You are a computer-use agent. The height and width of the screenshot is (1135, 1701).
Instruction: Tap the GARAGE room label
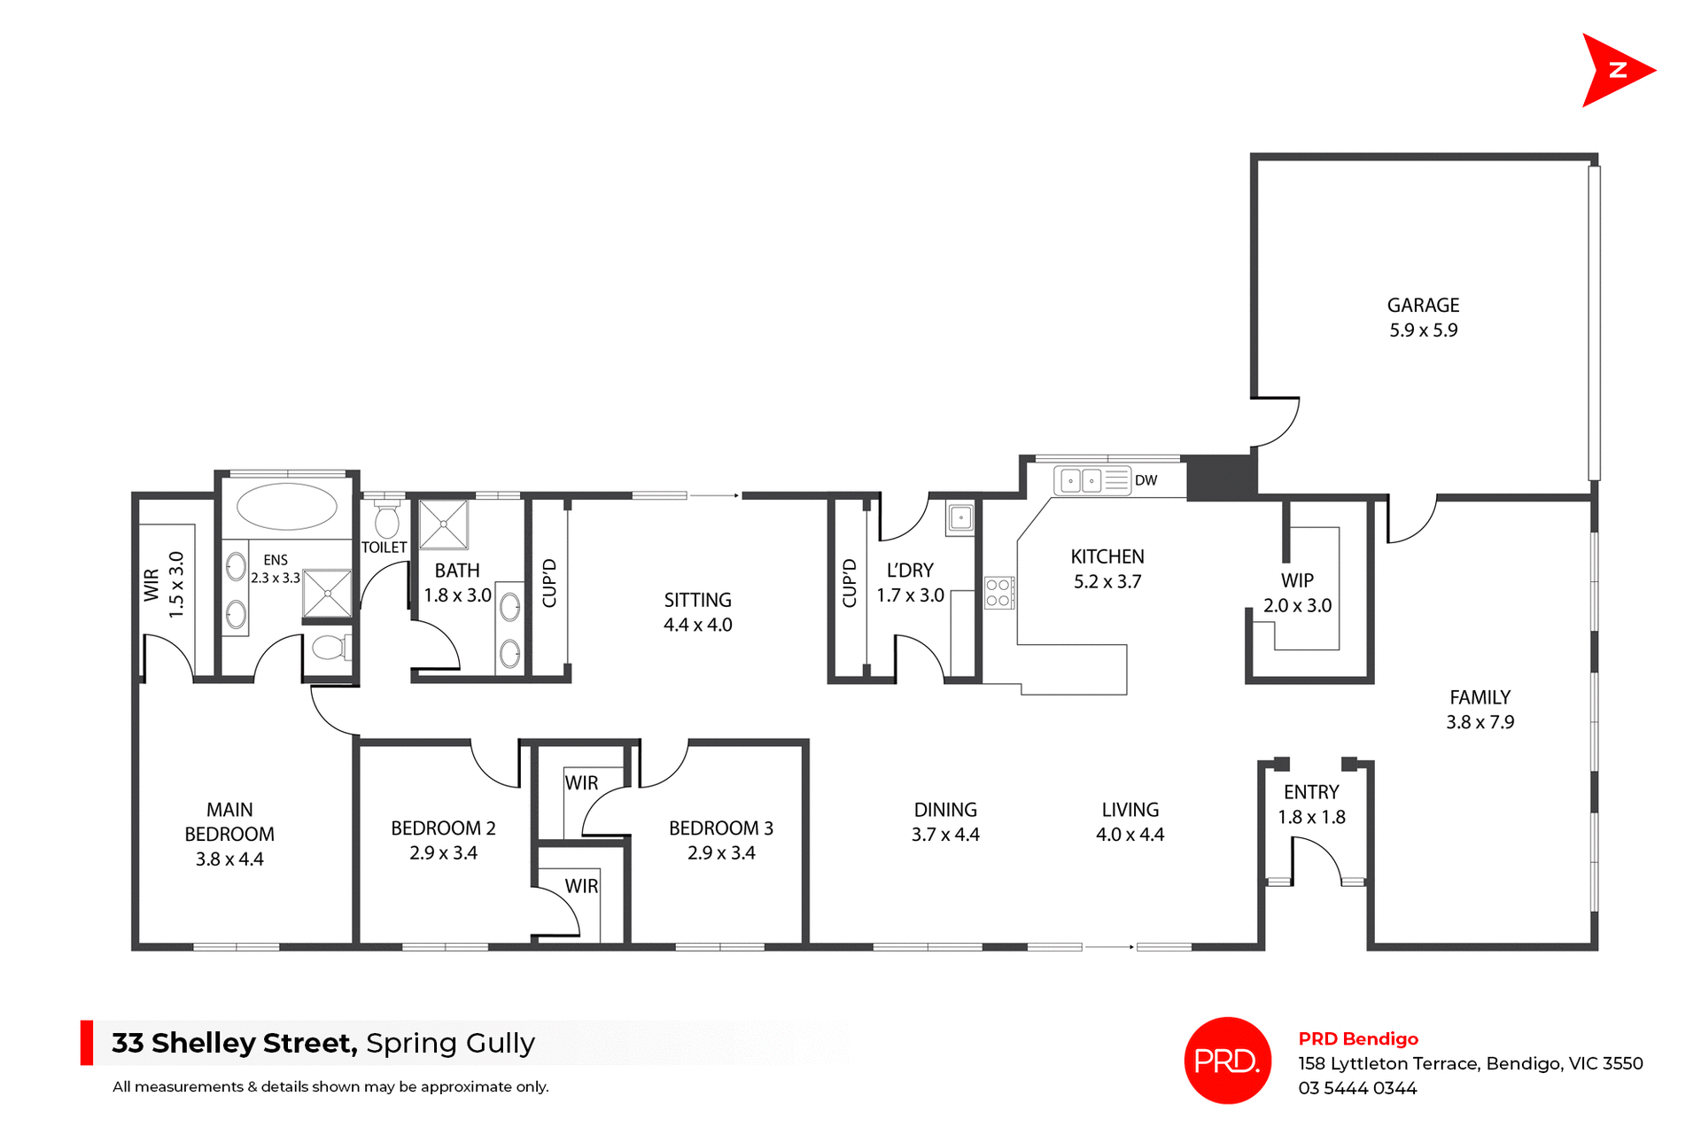click(1423, 306)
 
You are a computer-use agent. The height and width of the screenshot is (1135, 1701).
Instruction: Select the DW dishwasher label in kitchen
click(1146, 480)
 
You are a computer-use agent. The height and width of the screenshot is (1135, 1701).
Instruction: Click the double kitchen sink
click(1081, 481)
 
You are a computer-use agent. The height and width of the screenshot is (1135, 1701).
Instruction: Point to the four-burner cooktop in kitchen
click(998, 593)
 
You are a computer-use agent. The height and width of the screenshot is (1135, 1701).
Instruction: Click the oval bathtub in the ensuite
click(287, 507)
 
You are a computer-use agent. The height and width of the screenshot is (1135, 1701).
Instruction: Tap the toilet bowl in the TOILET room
click(387, 520)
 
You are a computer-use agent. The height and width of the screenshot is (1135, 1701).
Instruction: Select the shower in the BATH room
click(443, 525)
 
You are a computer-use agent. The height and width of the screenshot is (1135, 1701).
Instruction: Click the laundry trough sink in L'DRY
click(960, 517)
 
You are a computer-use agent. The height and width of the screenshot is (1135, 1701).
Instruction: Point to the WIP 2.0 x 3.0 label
click(1297, 593)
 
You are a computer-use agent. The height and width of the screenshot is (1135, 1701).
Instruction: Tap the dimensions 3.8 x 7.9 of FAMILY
click(1480, 722)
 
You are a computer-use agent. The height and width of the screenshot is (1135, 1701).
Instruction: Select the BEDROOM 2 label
click(443, 828)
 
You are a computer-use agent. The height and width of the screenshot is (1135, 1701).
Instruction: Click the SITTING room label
click(697, 600)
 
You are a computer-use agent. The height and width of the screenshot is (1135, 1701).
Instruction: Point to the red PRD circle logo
click(1227, 1060)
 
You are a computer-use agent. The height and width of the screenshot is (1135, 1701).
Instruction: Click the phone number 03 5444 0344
click(1357, 1088)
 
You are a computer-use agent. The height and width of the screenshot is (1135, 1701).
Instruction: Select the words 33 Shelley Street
click(234, 1043)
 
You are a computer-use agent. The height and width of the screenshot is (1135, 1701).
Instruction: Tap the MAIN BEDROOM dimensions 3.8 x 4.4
click(229, 859)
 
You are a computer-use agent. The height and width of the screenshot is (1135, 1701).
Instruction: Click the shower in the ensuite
click(327, 593)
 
